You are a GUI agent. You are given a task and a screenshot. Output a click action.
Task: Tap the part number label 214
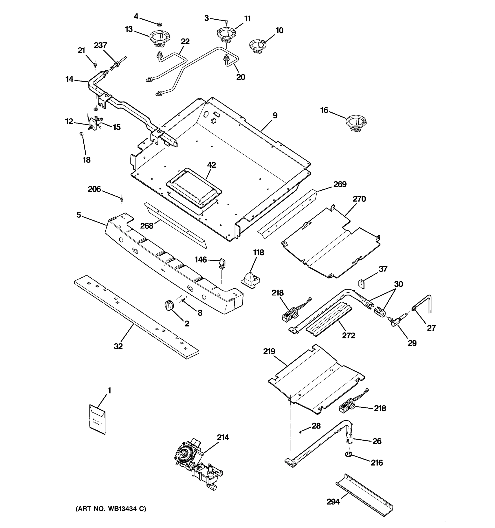click(223, 437)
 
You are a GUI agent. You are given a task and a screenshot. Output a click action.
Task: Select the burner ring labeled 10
click(257, 47)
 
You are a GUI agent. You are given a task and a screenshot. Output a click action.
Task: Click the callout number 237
click(100, 45)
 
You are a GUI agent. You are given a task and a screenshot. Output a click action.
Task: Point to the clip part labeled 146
click(222, 264)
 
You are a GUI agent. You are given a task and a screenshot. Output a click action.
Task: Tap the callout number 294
click(333, 502)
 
